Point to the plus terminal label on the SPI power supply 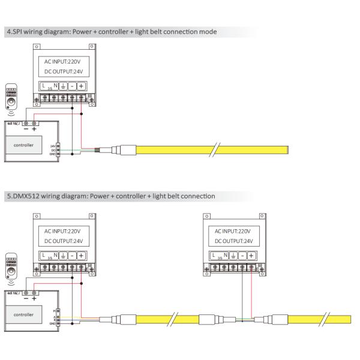[81, 86]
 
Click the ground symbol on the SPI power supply [63, 86]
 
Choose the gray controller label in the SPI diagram [24, 145]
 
